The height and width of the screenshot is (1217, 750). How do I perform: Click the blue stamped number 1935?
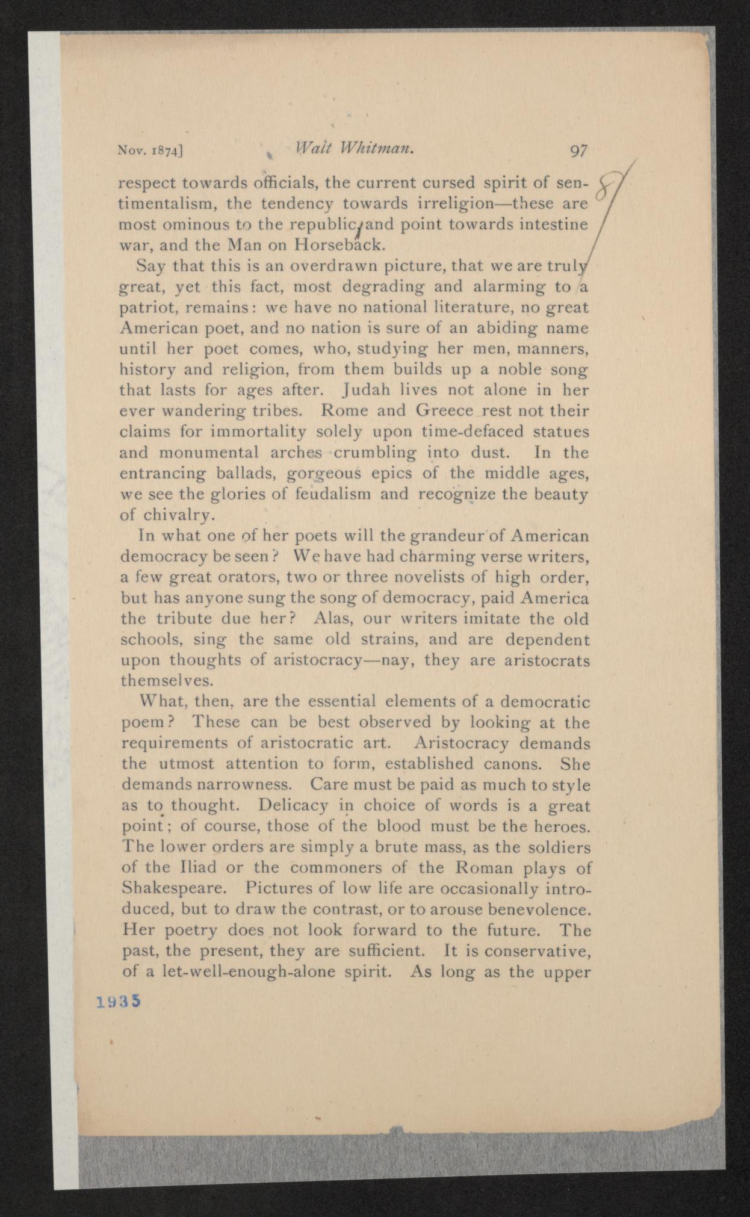[x=118, y=1000]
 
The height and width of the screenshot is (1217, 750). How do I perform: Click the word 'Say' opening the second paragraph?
[x=149, y=265]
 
